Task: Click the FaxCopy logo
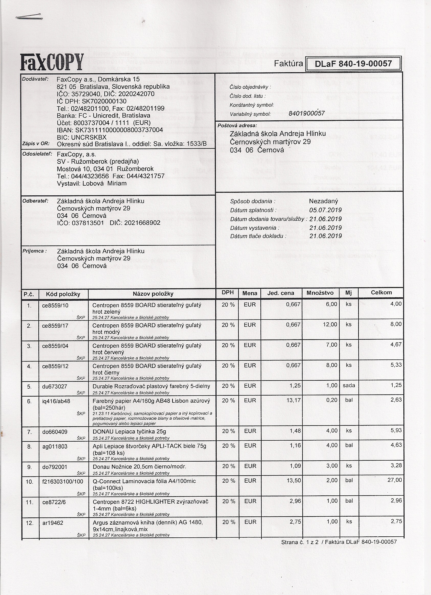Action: pyautogui.click(x=52, y=62)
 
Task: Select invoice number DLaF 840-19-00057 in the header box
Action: pyautogui.click(x=353, y=63)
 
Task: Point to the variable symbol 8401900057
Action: pyautogui.click(x=306, y=113)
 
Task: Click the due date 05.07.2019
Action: pyautogui.click(x=325, y=210)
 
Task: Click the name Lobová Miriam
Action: pyautogui.click(x=104, y=183)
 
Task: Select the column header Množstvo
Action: pyautogui.click(x=320, y=293)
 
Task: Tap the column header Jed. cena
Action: pyautogui.click(x=281, y=293)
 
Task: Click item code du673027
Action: pyautogui.click(x=54, y=386)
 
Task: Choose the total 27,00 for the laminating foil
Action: pyautogui.click(x=395, y=480)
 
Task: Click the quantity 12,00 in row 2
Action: pyautogui.click(x=330, y=325)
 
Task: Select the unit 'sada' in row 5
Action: pyautogui.click(x=349, y=385)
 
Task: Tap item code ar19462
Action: pyautogui.click(x=53, y=523)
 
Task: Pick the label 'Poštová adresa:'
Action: pyautogui.click(x=237, y=126)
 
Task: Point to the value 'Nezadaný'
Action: pyautogui.click(x=324, y=201)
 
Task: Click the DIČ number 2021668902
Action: pyautogui.click(x=142, y=223)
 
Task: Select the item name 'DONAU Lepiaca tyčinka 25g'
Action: pyautogui.click(x=129, y=432)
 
